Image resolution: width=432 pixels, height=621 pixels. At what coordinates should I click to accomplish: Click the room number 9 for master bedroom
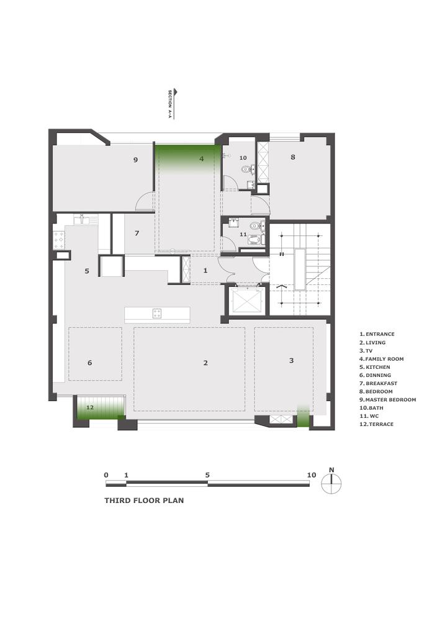[x=135, y=160]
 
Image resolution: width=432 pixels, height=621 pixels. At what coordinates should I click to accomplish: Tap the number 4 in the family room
[x=201, y=159]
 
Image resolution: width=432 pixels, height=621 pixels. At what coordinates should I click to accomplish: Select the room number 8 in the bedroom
[x=293, y=157]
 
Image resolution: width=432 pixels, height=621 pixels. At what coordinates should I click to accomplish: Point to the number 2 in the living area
[x=205, y=363]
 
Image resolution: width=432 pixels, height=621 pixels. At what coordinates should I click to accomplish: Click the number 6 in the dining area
[x=90, y=363]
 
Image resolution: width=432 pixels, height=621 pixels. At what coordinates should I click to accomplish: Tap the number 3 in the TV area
[x=291, y=360]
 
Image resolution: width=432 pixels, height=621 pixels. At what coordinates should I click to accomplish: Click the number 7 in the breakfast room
[x=137, y=233]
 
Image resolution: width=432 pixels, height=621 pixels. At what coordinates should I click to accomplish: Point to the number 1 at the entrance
[x=206, y=271]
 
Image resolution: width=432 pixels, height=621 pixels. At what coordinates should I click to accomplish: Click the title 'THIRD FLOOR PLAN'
[x=144, y=499]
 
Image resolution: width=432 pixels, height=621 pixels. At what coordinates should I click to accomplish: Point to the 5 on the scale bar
[x=207, y=475]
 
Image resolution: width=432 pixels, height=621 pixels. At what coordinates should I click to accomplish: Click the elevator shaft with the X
[x=245, y=302]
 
